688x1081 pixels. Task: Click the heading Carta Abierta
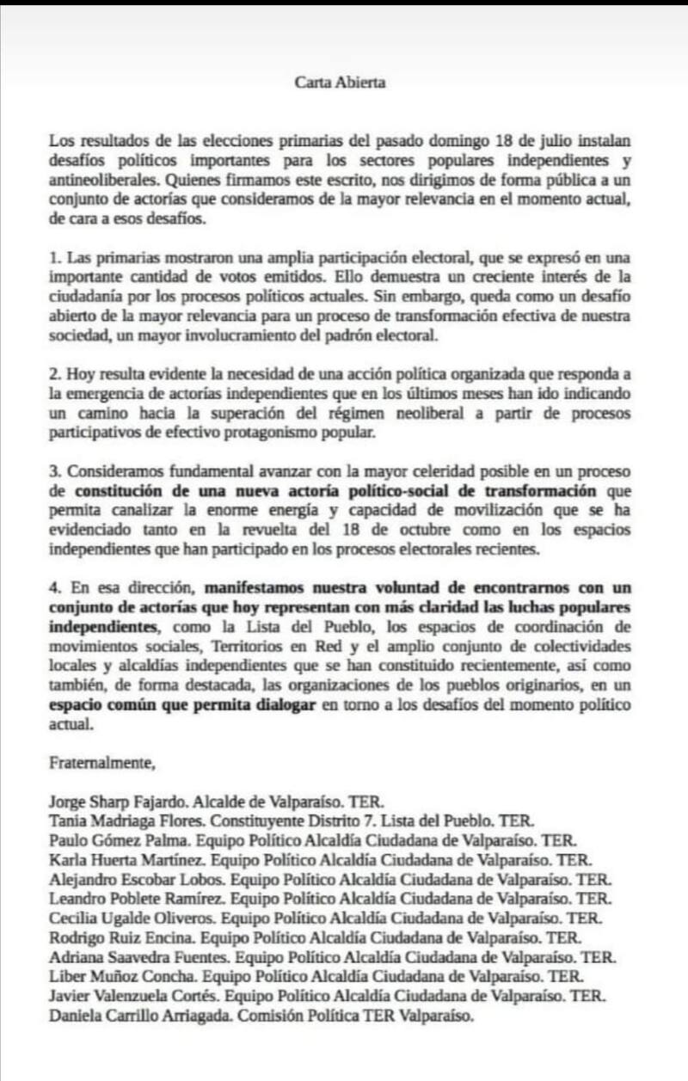point(341,83)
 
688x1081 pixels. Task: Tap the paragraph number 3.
point(54,474)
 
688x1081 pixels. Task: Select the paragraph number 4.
point(54,587)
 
